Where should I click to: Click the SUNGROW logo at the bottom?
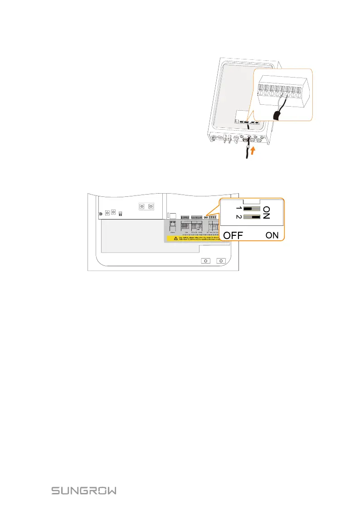84,491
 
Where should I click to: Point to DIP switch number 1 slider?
250,210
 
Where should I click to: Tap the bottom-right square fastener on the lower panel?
221,261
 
